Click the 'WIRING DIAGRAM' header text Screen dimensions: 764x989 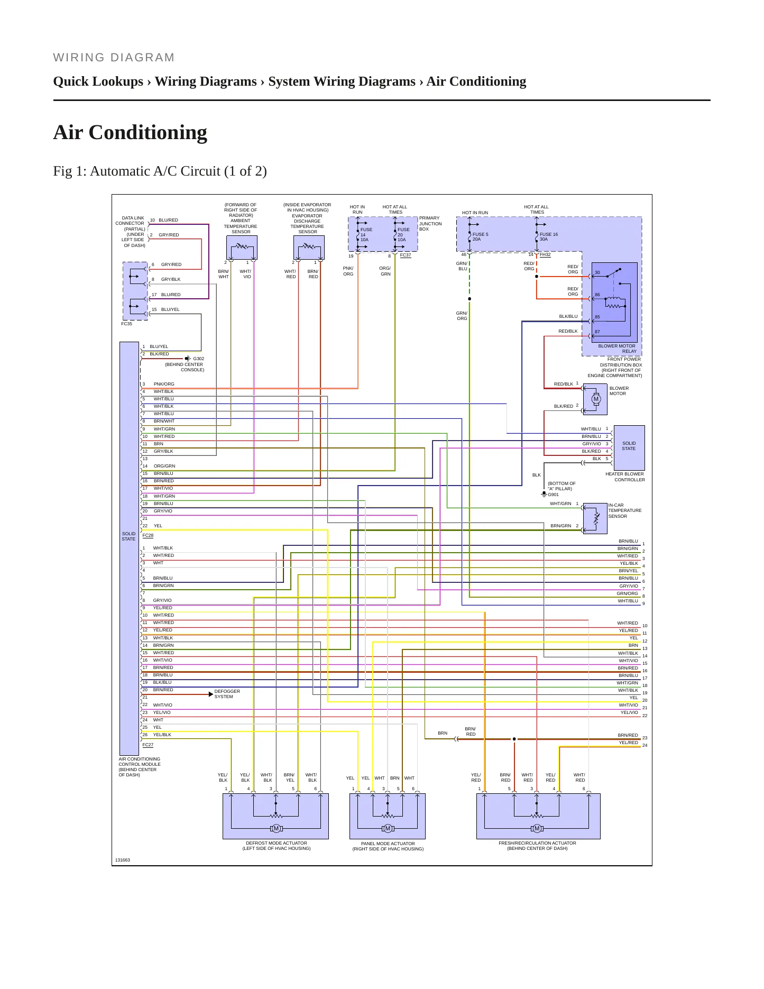(114, 58)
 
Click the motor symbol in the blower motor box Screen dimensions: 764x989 (596, 399)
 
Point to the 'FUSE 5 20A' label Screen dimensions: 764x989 (480, 237)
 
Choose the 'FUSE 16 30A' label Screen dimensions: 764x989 (548, 237)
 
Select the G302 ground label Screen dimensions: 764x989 (198, 359)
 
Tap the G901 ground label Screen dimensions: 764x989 (553, 495)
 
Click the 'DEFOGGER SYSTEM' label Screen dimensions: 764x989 (227, 694)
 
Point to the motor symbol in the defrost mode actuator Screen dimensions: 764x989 (276, 828)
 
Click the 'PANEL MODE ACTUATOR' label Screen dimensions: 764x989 (388, 844)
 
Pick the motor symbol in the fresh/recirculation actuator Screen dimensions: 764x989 (537, 828)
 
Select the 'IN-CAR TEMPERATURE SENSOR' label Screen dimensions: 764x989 (624, 510)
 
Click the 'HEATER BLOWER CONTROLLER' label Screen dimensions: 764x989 (624, 477)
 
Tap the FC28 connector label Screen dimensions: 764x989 (148, 535)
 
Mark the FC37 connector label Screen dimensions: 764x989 (405, 255)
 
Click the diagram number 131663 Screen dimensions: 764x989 (122, 860)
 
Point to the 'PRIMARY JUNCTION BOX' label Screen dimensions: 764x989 (430, 223)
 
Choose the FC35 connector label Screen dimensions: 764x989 (126, 324)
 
